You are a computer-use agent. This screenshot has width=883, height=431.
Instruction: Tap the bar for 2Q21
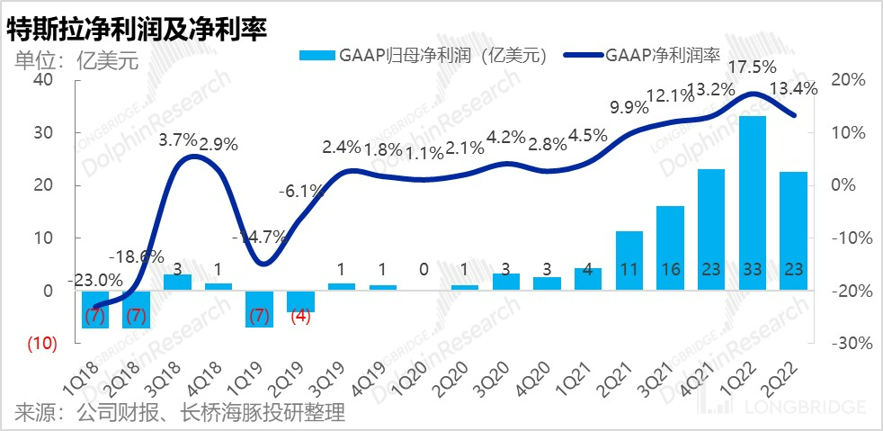coord(629,261)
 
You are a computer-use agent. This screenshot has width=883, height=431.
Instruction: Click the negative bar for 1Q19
coord(259,309)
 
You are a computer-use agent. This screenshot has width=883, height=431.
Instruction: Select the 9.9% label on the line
coord(628,109)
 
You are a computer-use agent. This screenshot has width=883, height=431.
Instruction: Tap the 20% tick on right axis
coord(846,79)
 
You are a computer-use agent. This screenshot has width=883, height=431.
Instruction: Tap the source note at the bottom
coord(180,414)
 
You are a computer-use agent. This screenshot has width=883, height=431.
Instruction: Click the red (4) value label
coord(300,317)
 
